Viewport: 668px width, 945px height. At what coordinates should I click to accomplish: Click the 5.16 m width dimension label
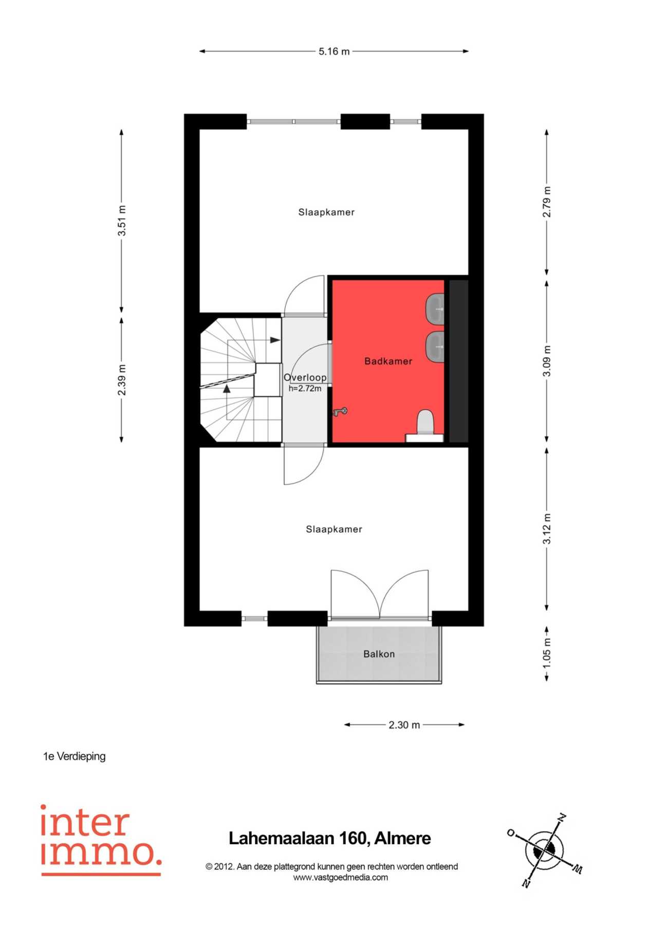334,51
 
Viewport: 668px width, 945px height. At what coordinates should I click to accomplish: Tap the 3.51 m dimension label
122,221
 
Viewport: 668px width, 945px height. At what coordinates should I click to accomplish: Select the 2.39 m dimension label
122,380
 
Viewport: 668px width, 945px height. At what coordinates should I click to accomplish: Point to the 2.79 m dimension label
547,202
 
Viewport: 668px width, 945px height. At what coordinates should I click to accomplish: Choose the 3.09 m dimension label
547,360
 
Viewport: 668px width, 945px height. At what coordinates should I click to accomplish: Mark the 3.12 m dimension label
547,529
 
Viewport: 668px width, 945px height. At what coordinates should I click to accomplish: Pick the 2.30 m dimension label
404,725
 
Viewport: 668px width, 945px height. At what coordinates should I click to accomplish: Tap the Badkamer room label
388,361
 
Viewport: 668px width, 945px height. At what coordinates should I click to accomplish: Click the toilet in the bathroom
425,424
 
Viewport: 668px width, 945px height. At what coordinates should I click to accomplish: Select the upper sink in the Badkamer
435,309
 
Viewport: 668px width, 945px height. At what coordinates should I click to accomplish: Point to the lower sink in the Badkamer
435,347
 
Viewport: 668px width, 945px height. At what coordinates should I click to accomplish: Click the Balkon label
379,654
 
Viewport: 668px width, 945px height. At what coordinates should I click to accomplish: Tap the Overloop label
305,377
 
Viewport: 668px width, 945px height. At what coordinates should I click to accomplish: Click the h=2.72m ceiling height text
305,389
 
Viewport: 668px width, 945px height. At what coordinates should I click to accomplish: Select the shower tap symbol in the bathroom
340,411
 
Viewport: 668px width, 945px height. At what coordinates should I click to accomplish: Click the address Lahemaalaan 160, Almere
330,839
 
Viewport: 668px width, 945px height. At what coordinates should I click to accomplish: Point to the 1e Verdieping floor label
75,756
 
